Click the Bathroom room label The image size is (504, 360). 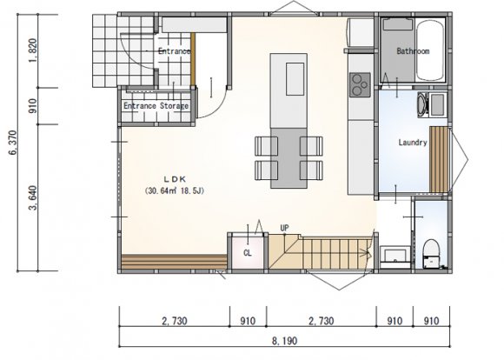(413, 51)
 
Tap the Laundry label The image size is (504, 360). (413, 143)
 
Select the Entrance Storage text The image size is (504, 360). (156, 106)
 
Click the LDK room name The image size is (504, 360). (176, 179)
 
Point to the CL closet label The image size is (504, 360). (248, 253)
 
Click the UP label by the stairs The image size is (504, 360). (284, 228)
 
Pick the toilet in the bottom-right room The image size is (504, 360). (431, 253)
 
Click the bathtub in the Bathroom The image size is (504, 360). (430, 50)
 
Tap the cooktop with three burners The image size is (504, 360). (360, 84)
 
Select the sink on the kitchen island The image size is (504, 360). (295, 79)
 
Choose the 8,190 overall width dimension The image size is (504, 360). (284, 341)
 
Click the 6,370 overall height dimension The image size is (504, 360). (13, 143)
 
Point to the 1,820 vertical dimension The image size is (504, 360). (33, 50)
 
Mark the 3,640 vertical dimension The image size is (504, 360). (33, 197)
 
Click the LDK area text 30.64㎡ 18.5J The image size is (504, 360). (175, 190)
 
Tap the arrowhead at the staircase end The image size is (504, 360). (368, 253)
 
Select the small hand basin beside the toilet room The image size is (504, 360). (395, 255)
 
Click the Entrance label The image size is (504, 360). (174, 51)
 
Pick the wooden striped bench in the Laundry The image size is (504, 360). (439, 160)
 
